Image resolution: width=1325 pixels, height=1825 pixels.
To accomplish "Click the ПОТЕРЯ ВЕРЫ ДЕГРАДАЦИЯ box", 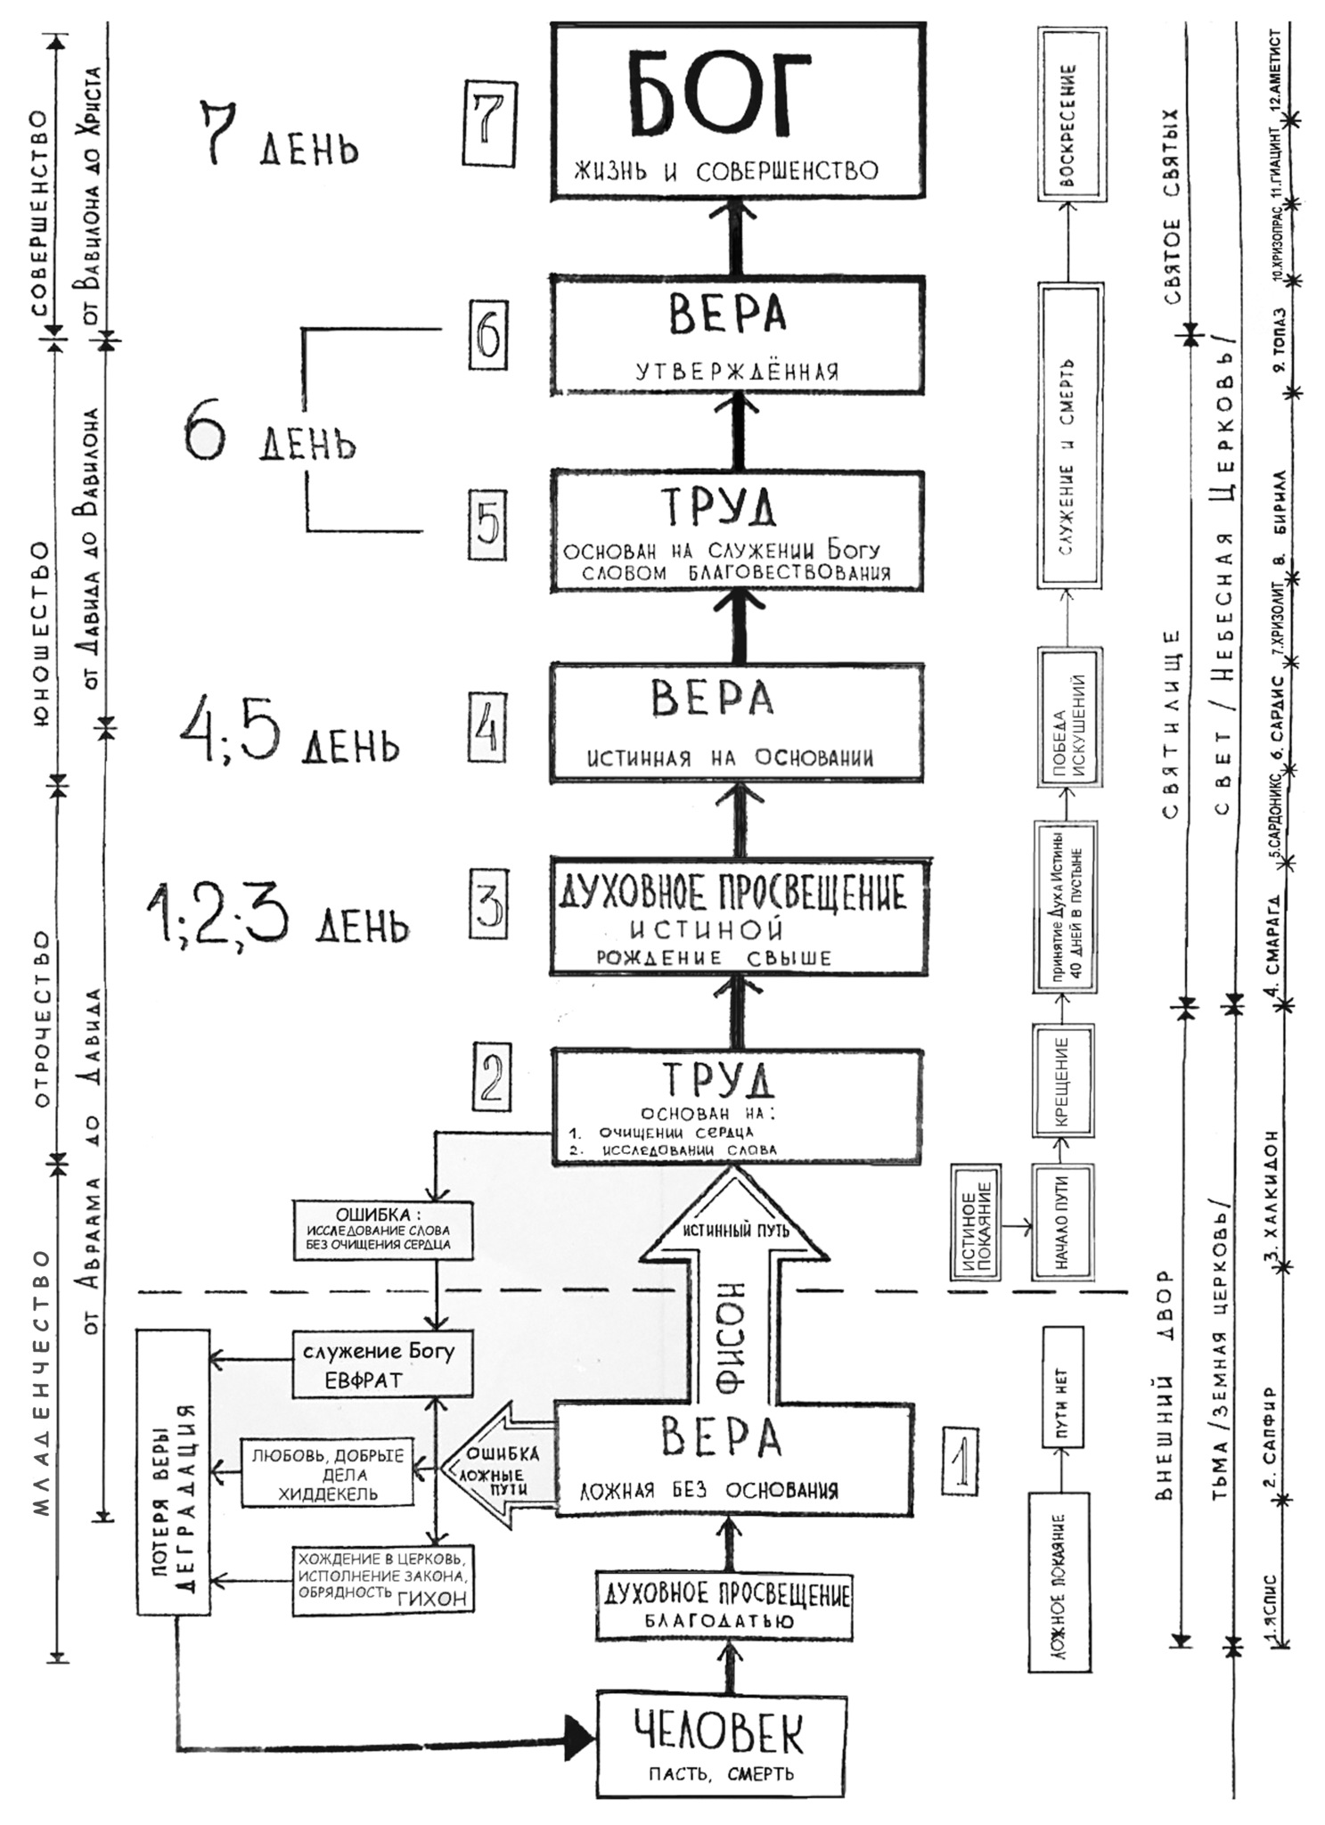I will point(174,1471).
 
